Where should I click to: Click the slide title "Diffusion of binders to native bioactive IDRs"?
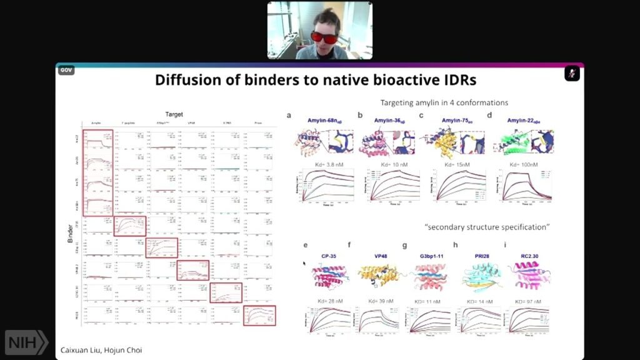click(319, 80)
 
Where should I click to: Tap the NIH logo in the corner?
click(26, 342)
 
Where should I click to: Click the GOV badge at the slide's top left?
click(66, 70)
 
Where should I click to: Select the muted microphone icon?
click(572, 73)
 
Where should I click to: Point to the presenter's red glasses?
click(324, 37)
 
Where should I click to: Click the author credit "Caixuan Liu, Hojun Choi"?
click(102, 350)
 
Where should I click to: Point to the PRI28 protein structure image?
click(479, 277)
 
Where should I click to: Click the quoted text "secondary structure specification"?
click(487, 227)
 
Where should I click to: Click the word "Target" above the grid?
click(174, 115)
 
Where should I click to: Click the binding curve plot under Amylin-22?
click(524, 185)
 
